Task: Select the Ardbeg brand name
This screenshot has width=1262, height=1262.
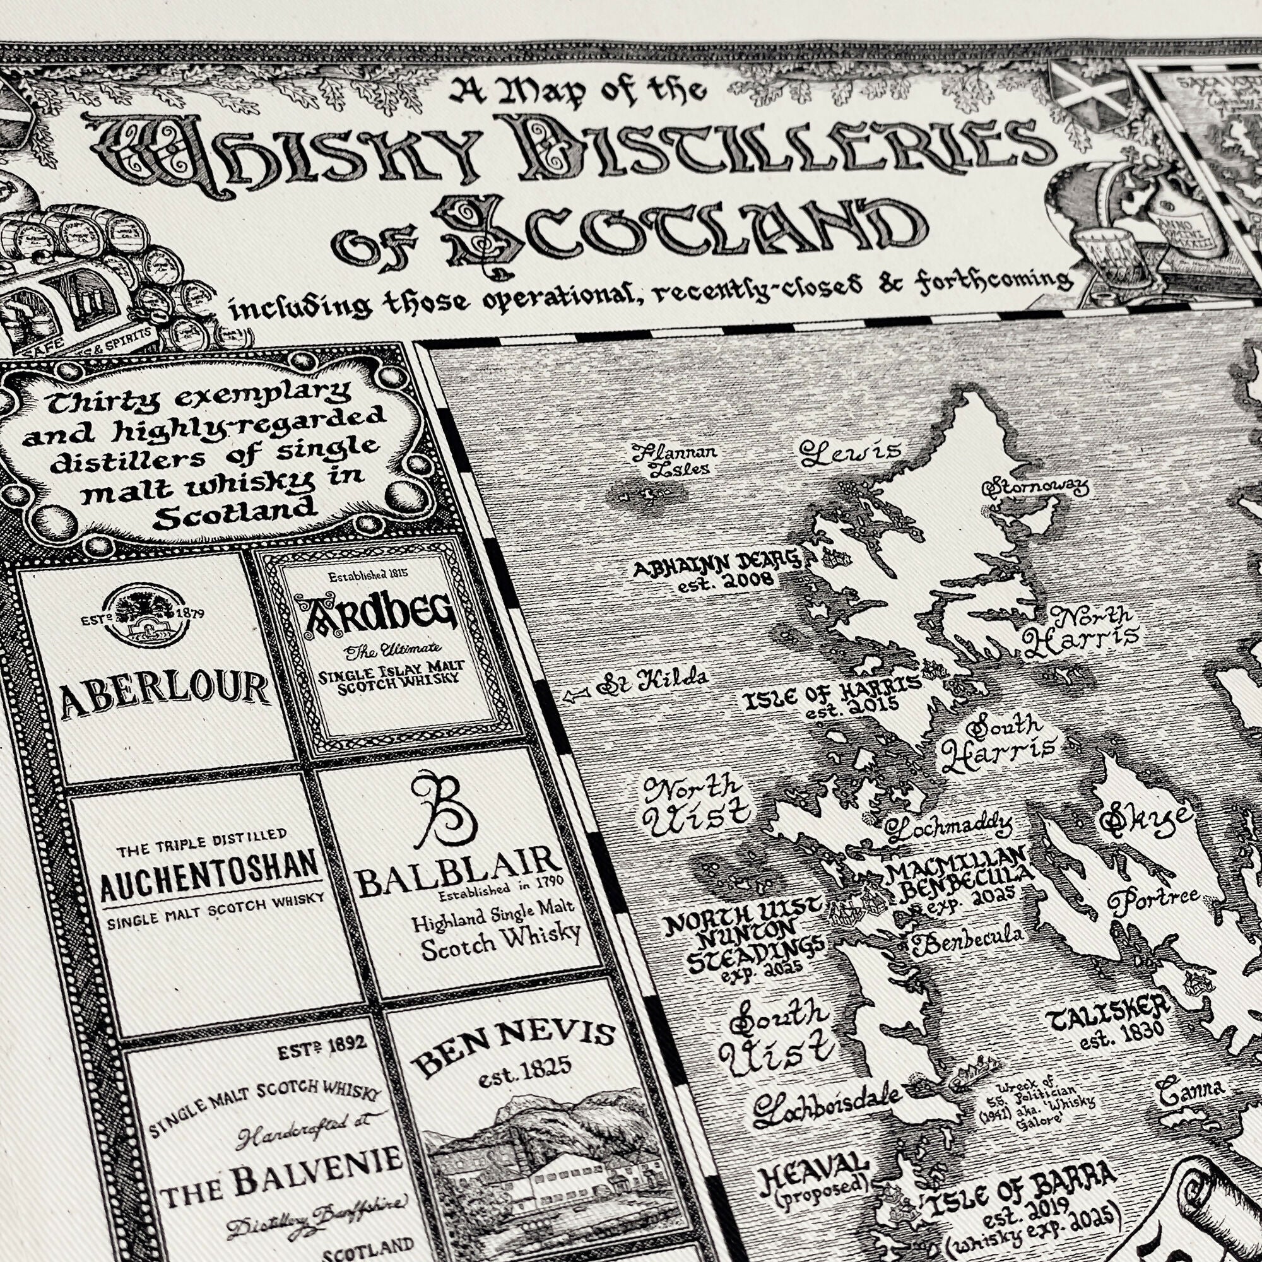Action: pyautogui.click(x=375, y=614)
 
